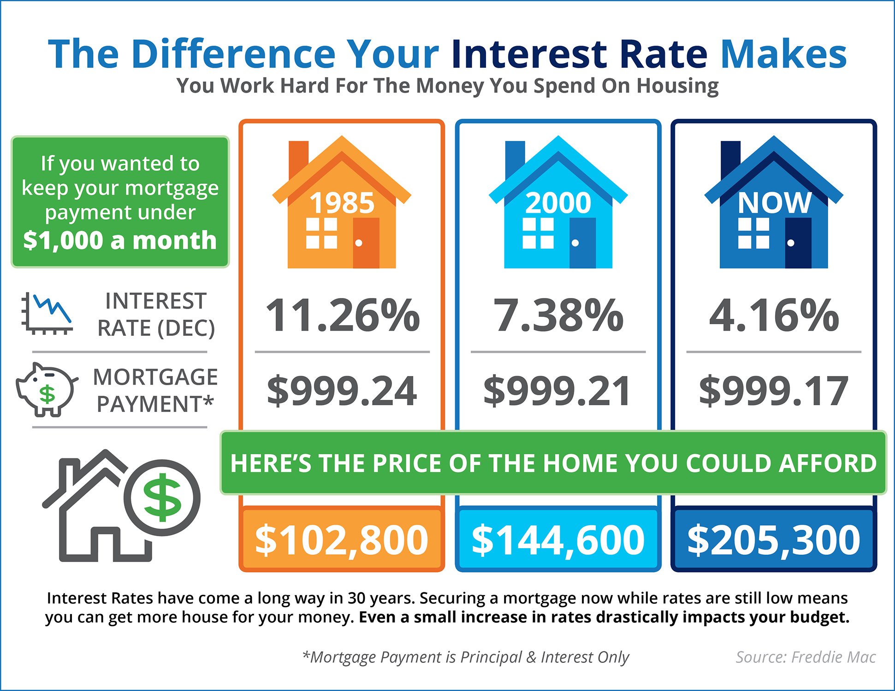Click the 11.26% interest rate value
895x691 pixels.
pos(343,316)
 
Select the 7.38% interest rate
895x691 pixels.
pos(558,316)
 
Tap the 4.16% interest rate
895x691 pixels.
pos(774,316)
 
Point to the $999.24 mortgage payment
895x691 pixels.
pos(342,391)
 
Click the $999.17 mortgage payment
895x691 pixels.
pos(774,391)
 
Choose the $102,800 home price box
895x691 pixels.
pos(342,539)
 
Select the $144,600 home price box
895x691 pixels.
pos(558,539)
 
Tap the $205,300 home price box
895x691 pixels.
pos(774,539)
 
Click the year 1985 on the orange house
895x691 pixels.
pos(342,203)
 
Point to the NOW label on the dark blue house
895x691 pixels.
pos(774,203)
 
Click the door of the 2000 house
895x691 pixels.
pos(582,243)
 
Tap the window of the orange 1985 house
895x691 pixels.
pos(321,233)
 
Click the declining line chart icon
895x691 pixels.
pos(47,314)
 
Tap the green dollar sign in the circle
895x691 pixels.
pos(162,498)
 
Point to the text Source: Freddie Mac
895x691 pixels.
pos(805,657)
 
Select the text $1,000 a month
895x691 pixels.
pos(120,240)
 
